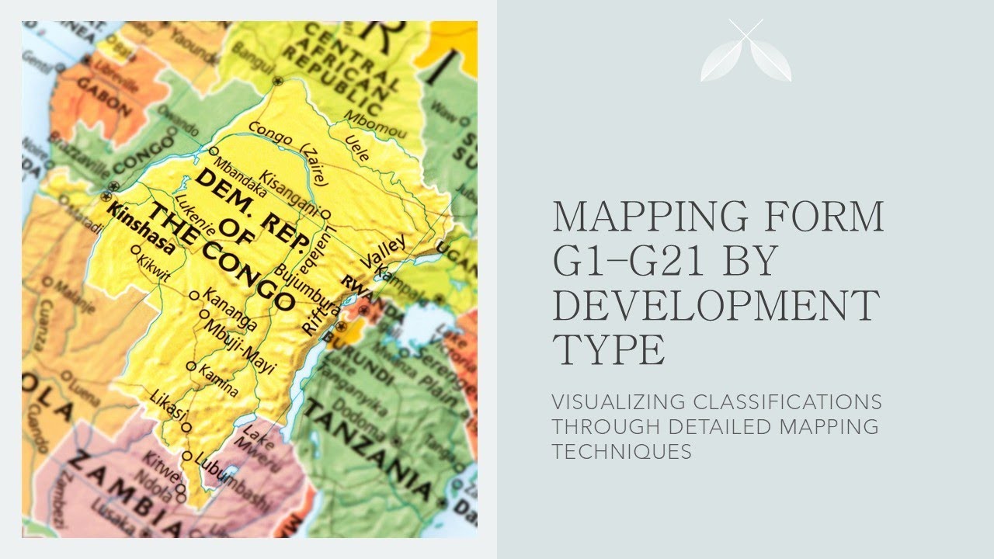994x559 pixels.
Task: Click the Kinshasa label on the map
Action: pyautogui.click(x=141, y=231)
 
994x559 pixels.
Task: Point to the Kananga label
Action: pyautogui.click(x=230, y=308)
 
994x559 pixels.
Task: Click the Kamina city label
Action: pyautogui.click(x=218, y=380)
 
